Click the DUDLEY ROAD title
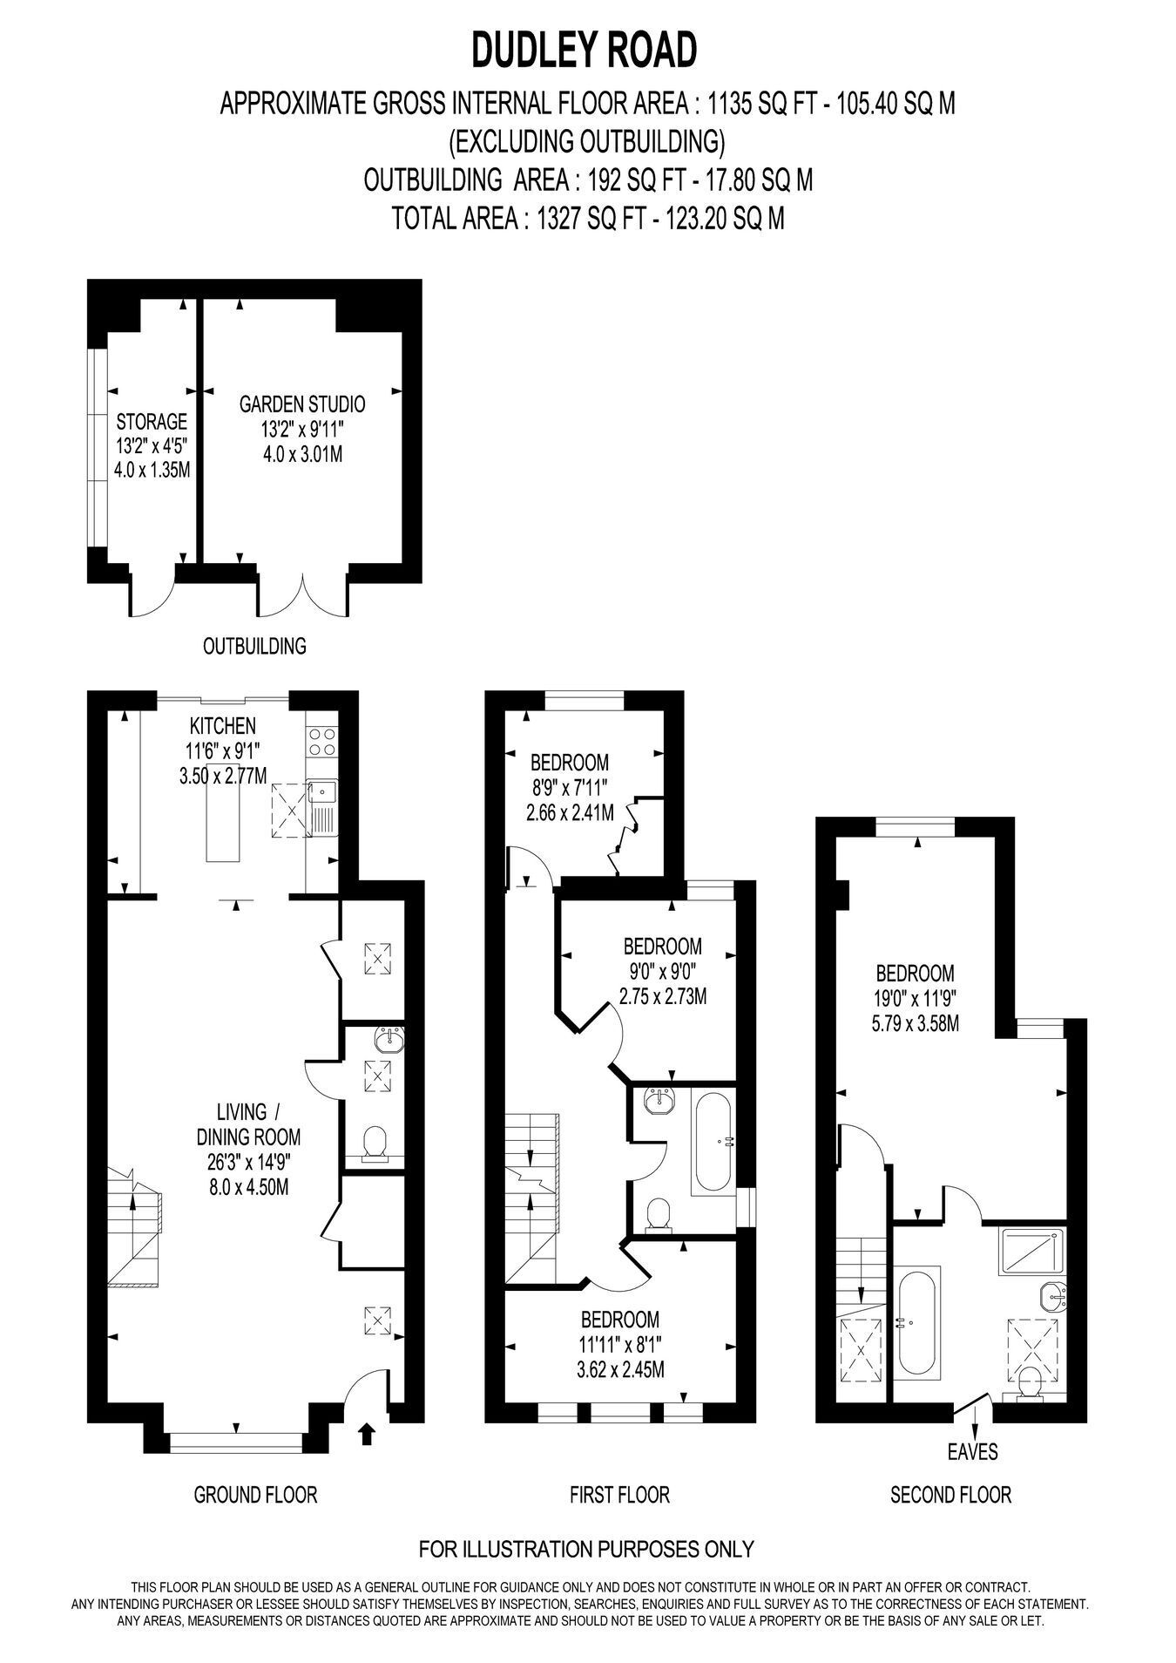pyautogui.click(x=585, y=50)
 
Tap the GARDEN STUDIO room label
pyautogui.click(x=302, y=404)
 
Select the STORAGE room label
pyautogui.click(x=152, y=422)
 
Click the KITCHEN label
pyautogui.click(x=223, y=725)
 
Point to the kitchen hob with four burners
pyautogui.click(x=321, y=742)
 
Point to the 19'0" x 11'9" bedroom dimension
pyautogui.click(x=915, y=998)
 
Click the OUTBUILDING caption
pyautogui.click(x=254, y=646)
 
